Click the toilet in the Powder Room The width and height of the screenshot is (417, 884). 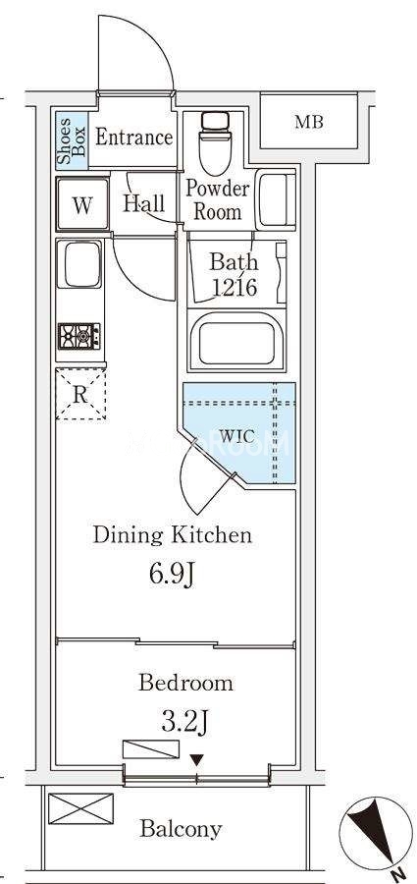(x=215, y=143)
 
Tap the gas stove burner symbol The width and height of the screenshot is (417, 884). (x=78, y=337)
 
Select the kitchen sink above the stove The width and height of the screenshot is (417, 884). (x=79, y=264)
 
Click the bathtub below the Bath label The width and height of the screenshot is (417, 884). (x=237, y=340)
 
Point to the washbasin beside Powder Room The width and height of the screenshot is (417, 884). (x=276, y=200)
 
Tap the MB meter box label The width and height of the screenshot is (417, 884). (x=309, y=122)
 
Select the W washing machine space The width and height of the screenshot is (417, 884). (x=82, y=203)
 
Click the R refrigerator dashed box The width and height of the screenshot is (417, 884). (x=80, y=395)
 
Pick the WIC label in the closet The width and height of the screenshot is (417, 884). (x=237, y=436)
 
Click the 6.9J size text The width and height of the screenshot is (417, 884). (x=172, y=575)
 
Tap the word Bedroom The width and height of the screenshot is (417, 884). (x=185, y=683)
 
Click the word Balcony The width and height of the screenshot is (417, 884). (x=181, y=829)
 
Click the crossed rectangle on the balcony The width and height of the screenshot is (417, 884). (x=80, y=808)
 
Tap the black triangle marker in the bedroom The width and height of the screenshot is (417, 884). (x=196, y=760)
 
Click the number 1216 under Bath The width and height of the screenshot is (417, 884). (x=235, y=288)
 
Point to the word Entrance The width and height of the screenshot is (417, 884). (x=133, y=138)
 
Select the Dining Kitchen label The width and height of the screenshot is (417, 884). (x=172, y=534)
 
